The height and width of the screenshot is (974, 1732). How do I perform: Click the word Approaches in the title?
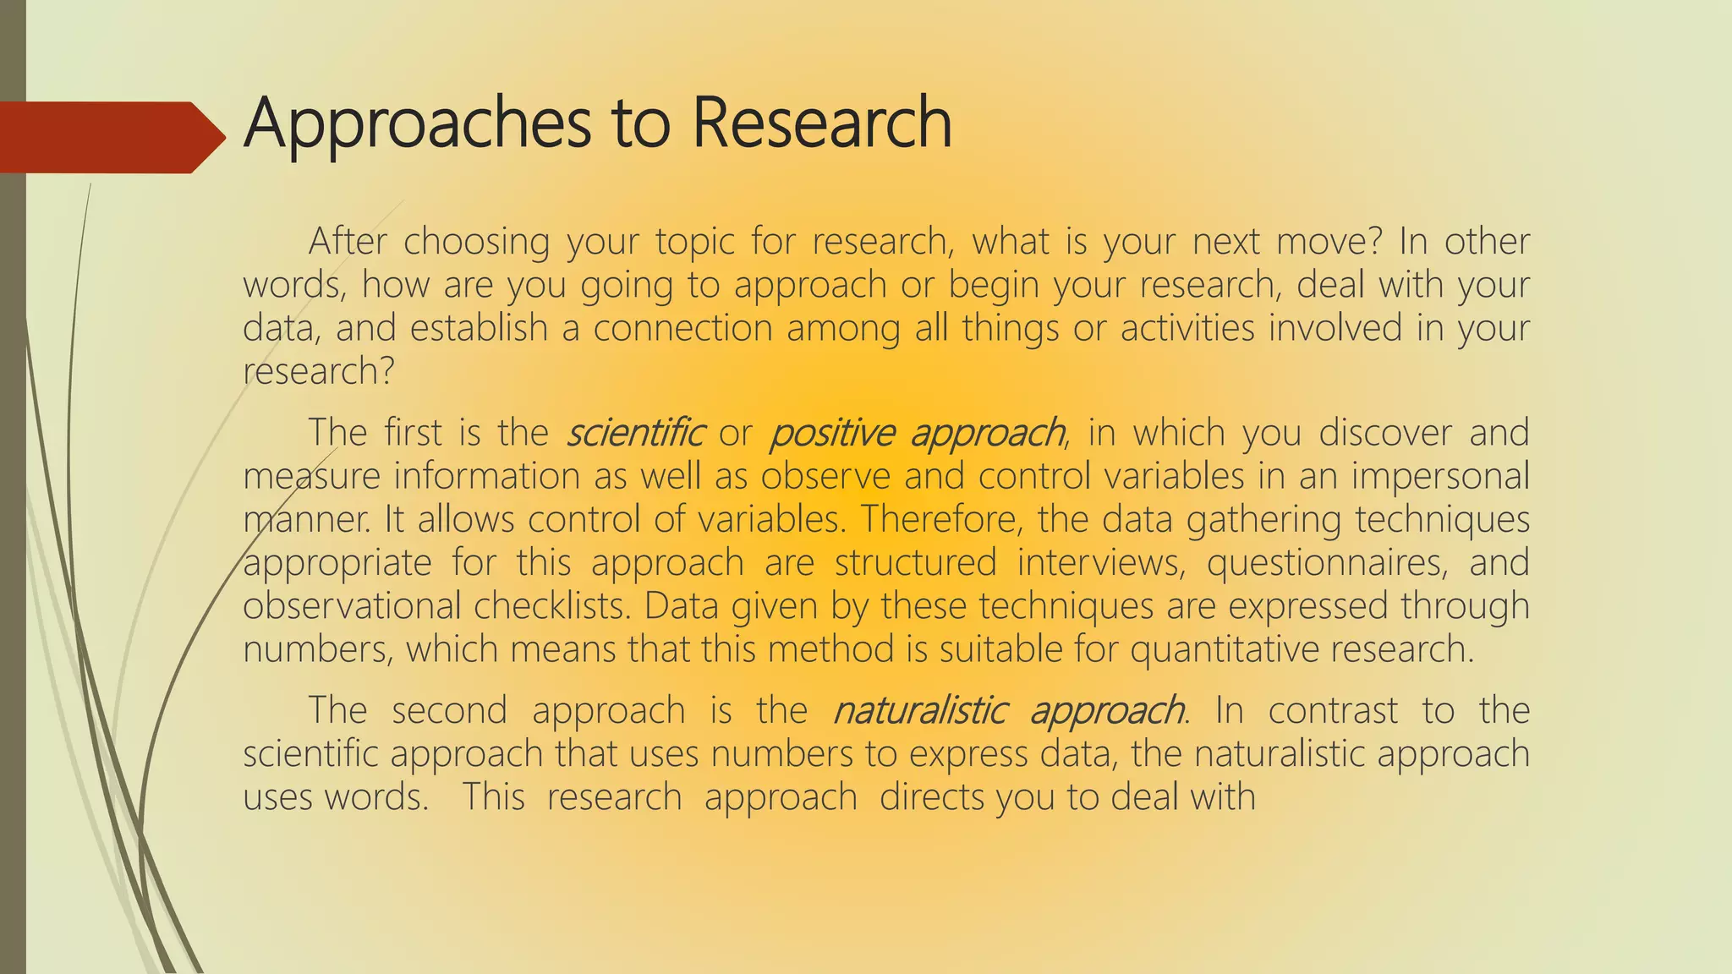(x=417, y=123)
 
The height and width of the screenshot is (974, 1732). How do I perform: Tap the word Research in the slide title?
(x=822, y=123)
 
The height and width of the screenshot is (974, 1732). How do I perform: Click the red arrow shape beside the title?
(x=110, y=137)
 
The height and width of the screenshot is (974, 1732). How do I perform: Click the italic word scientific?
(x=634, y=433)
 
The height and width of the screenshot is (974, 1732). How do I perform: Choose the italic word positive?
(x=831, y=433)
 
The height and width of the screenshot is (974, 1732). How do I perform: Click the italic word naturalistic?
(x=920, y=710)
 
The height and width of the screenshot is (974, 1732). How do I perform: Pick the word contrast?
(x=1333, y=710)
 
